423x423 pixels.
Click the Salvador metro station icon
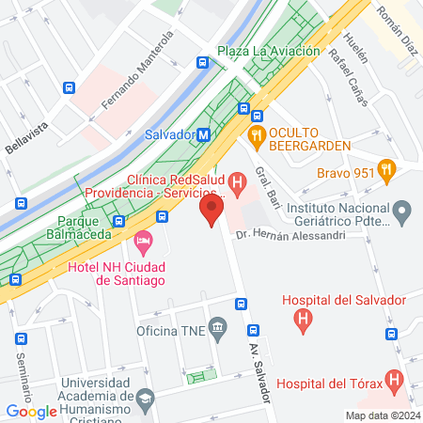pyautogui.click(x=203, y=135)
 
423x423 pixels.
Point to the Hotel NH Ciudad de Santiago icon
pyautogui.click(x=144, y=245)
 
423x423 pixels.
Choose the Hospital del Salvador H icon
pyautogui.click(x=303, y=321)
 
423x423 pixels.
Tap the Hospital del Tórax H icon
pyautogui.click(x=396, y=382)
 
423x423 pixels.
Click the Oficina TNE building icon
pyautogui.click(x=218, y=329)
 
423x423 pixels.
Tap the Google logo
pyautogui.click(x=31, y=411)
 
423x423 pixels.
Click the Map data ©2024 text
pyautogui.click(x=382, y=415)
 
